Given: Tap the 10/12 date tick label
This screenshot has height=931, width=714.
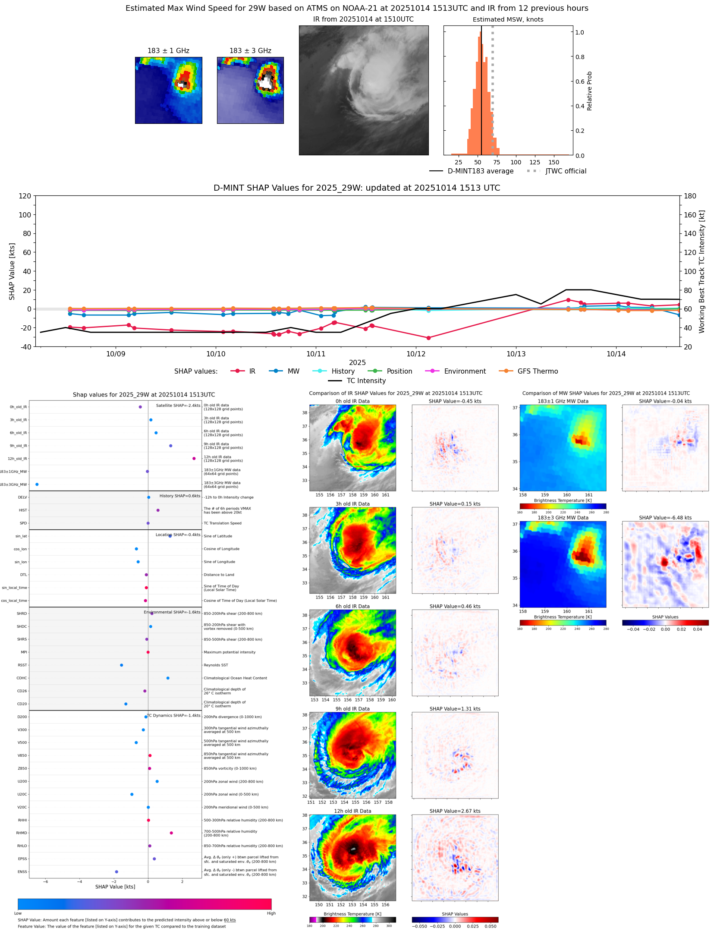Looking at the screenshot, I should click(416, 354).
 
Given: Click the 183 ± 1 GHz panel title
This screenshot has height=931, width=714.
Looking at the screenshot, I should click(168, 51).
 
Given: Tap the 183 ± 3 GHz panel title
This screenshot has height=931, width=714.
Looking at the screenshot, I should click(250, 51).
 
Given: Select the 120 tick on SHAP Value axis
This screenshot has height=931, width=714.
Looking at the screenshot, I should click(25, 196).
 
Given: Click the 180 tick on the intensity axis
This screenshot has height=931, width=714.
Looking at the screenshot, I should click(690, 196).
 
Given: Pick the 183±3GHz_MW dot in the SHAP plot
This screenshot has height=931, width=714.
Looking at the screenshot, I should click(37, 484).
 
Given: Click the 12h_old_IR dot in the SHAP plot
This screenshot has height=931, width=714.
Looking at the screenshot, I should click(194, 459).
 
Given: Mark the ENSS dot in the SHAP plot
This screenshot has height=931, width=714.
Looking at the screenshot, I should click(116, 872).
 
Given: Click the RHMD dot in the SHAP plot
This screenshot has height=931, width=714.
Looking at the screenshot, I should click(171, 833).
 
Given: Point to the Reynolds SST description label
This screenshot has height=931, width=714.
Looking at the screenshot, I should click(216, 665).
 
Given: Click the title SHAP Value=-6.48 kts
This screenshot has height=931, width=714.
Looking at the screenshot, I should click(665, 518).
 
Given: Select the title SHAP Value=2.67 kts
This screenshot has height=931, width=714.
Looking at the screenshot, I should click(455, 811).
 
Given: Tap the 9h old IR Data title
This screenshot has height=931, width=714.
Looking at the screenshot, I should click(352, 709).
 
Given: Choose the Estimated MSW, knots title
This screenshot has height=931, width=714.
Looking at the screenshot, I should click(508, 20).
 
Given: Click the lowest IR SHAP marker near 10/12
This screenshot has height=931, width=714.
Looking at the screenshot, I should click(428, 338).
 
